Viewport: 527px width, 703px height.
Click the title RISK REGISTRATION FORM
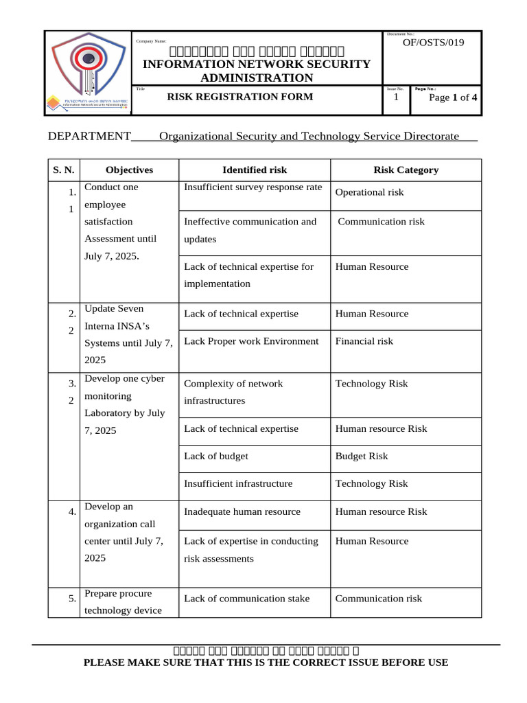[x=240, y=97]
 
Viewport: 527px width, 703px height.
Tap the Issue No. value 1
[x=396, y=97]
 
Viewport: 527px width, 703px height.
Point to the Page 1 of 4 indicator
[x=453, y=97]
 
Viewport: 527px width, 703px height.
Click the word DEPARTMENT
[x=89, y=136]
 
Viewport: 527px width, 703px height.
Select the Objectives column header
[x=129, y=170]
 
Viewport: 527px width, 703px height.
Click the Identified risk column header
[x=255, y=170]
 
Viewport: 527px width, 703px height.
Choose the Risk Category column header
[x=406, y=170]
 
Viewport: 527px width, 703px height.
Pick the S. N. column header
[x=64, y=170]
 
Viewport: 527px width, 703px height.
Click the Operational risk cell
[x=369, y=192]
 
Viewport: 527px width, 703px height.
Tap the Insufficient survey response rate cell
[x=253, y=187]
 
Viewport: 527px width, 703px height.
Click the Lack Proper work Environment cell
[x=251, y=341]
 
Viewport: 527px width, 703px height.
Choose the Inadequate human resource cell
[x=242, y=511]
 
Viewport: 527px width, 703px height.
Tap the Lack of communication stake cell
[x=246, y=599]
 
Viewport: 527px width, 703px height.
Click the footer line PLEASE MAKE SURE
[x=266, y=662]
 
